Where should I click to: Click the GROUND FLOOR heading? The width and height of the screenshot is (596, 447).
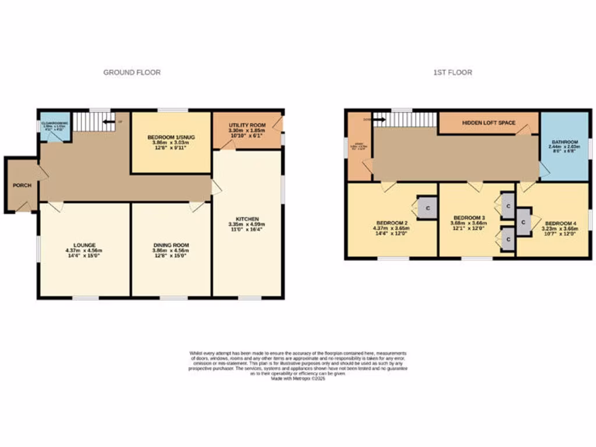coord(132,72)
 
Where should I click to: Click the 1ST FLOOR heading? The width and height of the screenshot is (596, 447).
coord(452,72)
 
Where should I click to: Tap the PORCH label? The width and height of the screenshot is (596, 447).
coord(21,186)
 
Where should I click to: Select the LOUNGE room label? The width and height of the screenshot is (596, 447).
coord(84,245)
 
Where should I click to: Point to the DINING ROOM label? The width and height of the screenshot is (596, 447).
coord(171,245)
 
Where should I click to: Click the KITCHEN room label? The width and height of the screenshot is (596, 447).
coord(247,219)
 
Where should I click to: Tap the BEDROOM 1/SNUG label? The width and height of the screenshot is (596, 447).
coord(171,137)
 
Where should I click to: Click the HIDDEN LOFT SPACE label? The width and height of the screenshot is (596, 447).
coord(488,123)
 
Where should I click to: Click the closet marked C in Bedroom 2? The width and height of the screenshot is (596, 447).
coord(427,208)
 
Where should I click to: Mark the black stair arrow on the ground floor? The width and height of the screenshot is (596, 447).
coord(109,122)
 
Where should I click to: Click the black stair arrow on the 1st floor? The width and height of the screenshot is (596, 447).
coord(378,120)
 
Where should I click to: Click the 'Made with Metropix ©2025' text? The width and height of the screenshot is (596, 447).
coord(298,378)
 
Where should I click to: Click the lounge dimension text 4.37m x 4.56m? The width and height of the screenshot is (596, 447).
coord(84,250)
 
